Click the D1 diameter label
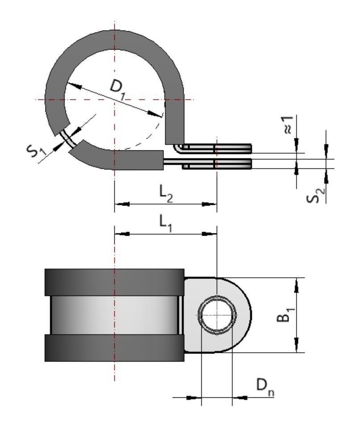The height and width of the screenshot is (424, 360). (x=117, y=86)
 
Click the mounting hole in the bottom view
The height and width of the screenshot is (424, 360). (x=217, y=315)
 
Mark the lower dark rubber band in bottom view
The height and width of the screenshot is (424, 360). (x=115, y=348)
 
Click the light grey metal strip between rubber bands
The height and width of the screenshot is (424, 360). (x=115, y=315)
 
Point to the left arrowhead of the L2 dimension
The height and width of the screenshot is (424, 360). (x=122, y=204)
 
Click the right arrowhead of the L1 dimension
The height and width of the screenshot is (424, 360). (x=209, y=233)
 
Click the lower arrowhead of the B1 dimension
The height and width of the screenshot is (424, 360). (x=296, y=345)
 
